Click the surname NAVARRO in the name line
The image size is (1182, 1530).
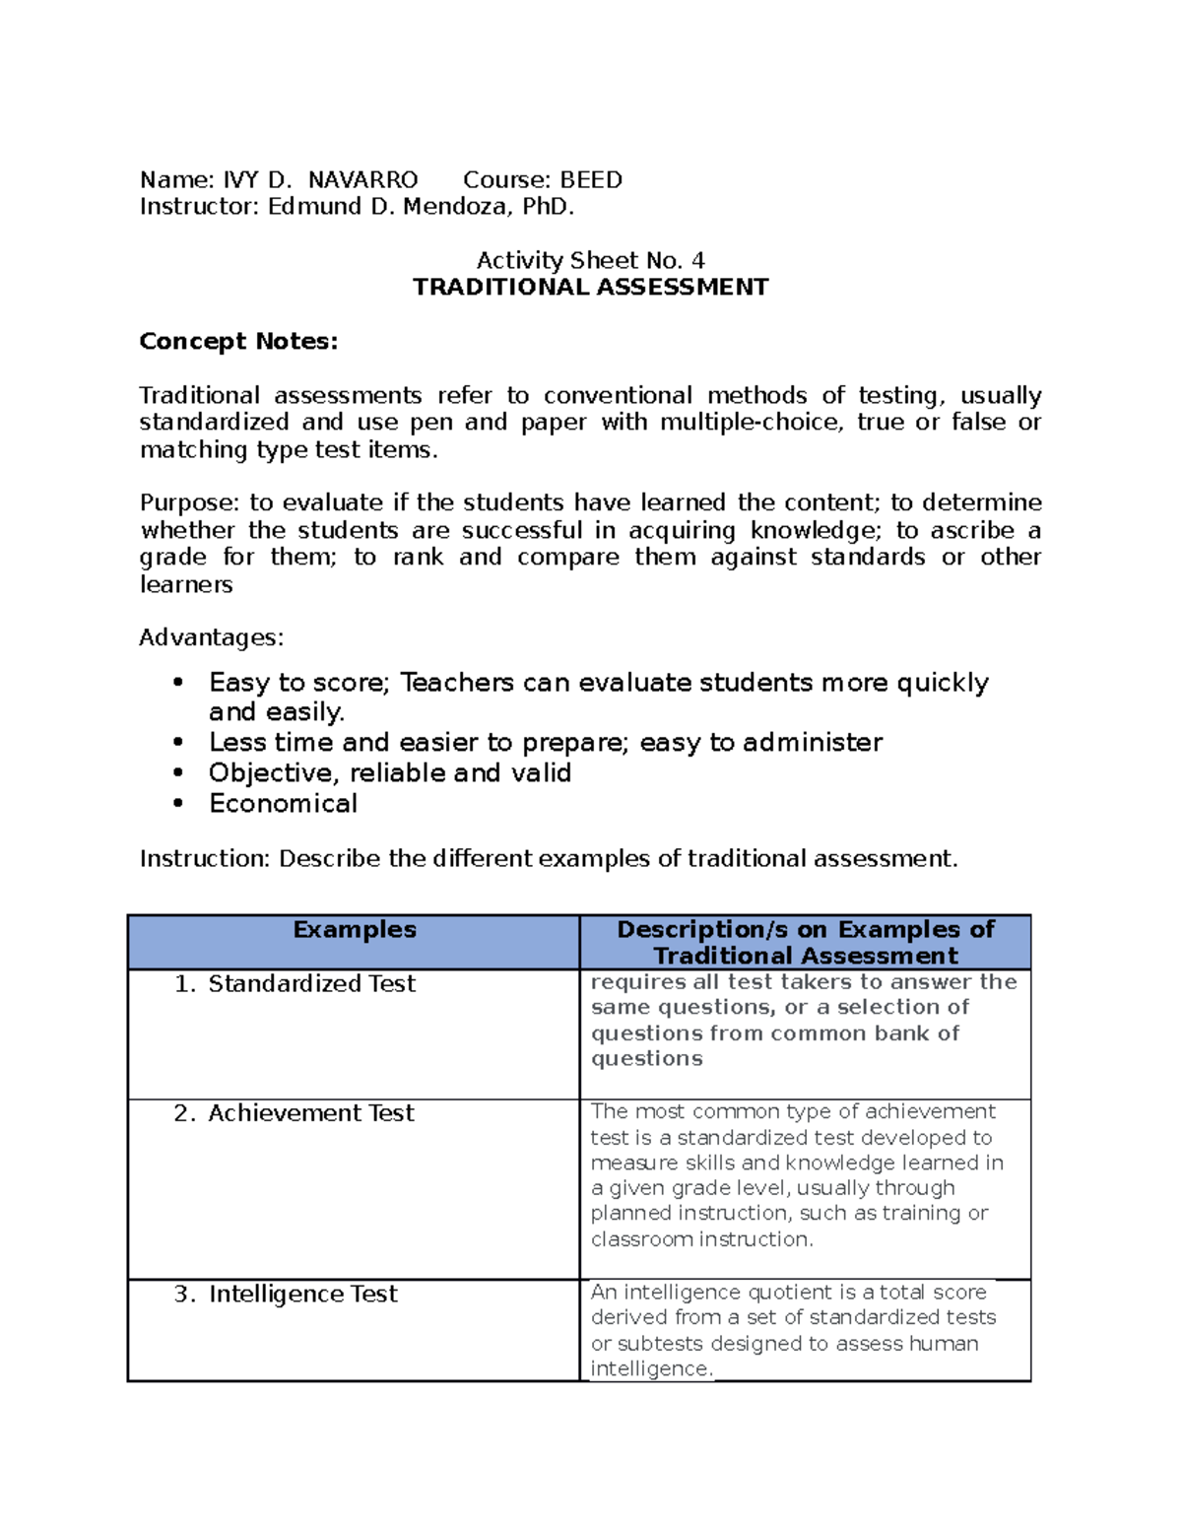pyautogui.click(x=362, y=180)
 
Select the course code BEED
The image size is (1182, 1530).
pyautogui.click(x=591, y=180)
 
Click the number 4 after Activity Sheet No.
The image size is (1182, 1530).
pyautogui.click(x=697, y=261)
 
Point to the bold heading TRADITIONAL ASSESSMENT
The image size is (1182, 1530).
pyautogui.click(x=590, y=288)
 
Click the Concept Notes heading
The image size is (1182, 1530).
pyautogui.click(x=238, y=342)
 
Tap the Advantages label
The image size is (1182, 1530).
pyautogui.click(x=211, y=638)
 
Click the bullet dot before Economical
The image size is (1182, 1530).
pyautogui.click(x=178, y=804)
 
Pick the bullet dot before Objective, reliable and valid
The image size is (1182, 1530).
pyautogui.click(x=178, y=773)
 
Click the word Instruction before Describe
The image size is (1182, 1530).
pyautogui.click(x=204, y=859)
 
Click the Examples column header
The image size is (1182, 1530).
pyautogui.click(x=355, y=930)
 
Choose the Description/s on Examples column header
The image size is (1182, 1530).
pyautogui.click(x=805, y=942)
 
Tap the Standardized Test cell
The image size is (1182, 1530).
pyautogui.click(x=311, y=984)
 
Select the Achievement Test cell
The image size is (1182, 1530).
pyautogui.click(x=311, y=1113)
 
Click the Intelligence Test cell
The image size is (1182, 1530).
pyautogui.click(x=302, y=1295)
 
